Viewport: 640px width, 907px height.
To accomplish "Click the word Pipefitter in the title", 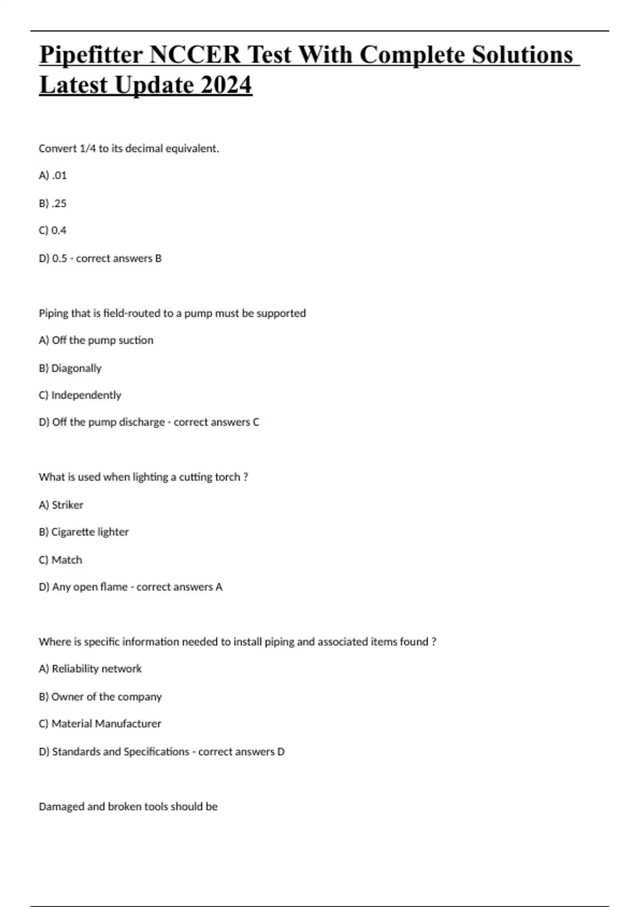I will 91,55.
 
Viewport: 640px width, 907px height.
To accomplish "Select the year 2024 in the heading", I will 226,85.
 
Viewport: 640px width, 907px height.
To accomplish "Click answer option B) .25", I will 53,203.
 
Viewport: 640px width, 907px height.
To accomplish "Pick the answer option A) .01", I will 53,176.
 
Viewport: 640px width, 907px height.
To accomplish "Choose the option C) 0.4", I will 53,230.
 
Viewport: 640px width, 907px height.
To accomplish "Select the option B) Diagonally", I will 70,368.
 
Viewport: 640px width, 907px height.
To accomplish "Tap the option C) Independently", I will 80,395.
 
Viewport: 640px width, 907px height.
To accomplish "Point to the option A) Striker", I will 61,505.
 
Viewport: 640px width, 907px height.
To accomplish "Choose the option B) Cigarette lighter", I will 84,532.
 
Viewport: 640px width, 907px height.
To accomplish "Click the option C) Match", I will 61,560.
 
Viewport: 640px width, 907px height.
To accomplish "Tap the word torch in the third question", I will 227,477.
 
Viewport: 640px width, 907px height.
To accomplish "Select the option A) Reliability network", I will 90,669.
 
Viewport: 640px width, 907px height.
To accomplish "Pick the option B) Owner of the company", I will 100,697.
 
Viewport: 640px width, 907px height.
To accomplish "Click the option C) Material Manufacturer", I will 100,723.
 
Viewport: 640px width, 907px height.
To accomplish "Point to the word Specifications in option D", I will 156,752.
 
